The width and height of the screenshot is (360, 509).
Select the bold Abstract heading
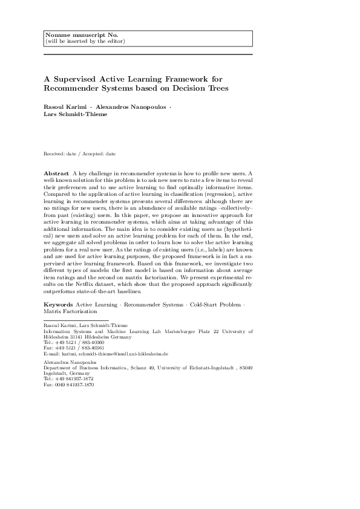click(x=56, y=173)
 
